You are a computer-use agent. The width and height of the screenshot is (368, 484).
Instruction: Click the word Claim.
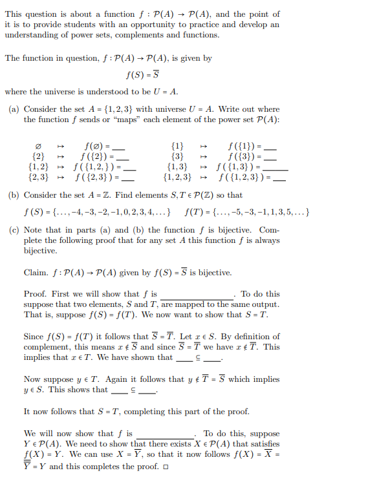pyautogui.click(x=36, y=273)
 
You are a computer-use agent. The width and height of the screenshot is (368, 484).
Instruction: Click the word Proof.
pyautogui.click(x=35, y=294)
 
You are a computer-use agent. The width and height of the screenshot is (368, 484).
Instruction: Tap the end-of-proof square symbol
pyautogui.click(x=165, y=467)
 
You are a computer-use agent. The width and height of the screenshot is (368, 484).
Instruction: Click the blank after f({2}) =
pyautogui.click(x=124, y=158)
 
